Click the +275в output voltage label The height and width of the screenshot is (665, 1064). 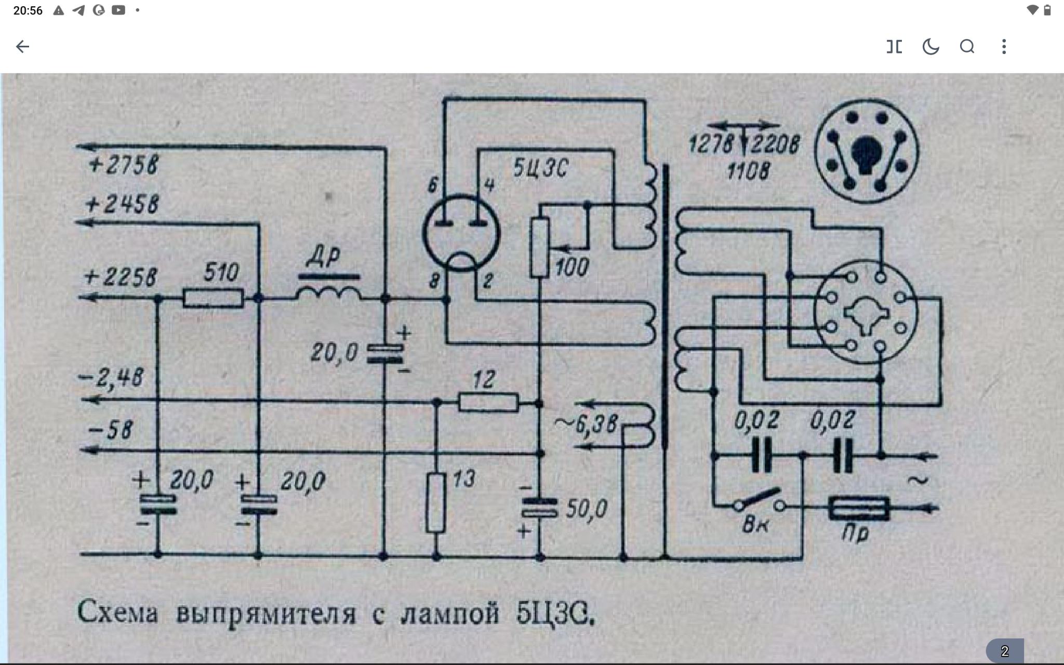pyautogui.click(x=123, y=165)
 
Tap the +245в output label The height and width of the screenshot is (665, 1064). pyautogui.click(x=122, y=204)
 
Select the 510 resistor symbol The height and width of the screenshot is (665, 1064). pyautogui.click(x=213, y=299)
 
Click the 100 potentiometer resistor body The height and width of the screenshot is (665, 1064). pyautogui.click(x=540, y=247)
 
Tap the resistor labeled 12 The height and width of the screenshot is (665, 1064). pyautogui.click(x=488, y=402)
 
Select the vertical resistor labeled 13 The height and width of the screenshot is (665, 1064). pyautogui.click(x=436, y=502)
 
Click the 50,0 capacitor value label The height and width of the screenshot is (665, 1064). pyautogui.click(x=586, y=509)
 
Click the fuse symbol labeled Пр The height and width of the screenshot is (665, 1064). pyautogui.click(x=858, y=508)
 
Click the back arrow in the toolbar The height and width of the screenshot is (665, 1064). pyautogui.click(x=22, y=47)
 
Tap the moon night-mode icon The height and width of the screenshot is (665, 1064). pyautogui.click(x=930, y=47)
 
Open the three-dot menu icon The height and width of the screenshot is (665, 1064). pyautogui.click(x=1004, y=47)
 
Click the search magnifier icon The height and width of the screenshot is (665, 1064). pyautogui.click(x=967, y=47)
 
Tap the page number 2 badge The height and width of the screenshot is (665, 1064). pyautogui.click(x=1005, y=651)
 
